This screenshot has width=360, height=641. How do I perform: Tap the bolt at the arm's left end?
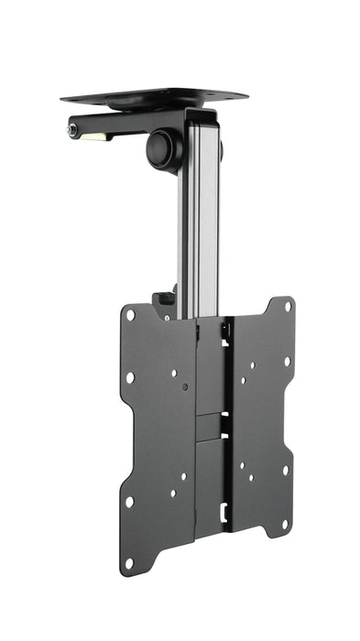71,129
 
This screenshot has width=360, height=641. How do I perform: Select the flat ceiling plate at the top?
156,96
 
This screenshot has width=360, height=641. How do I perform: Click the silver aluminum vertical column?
199,229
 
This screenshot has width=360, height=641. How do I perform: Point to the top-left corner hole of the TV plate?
130,315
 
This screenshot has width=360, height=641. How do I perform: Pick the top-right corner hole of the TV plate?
287,308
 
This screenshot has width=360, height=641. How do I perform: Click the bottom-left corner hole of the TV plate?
129,562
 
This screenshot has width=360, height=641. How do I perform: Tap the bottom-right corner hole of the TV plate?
286,524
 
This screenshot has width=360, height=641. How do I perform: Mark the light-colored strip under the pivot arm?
94,137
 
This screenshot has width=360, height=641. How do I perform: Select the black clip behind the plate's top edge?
164,299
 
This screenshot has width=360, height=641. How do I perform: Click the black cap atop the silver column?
201,114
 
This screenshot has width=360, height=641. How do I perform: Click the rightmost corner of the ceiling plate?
247,95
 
